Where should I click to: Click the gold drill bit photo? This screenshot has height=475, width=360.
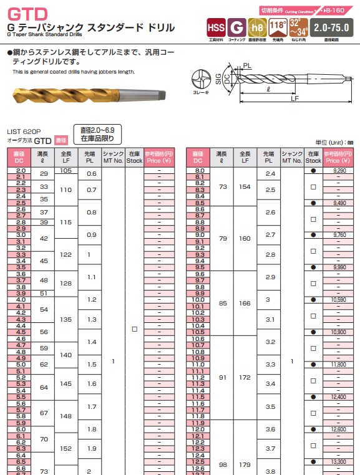pos(87,94)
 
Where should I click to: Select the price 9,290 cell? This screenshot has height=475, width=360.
pos(339,170)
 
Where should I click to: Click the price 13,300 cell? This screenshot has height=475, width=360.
pos(339,461)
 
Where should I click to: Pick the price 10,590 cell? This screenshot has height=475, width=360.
pos(339,300)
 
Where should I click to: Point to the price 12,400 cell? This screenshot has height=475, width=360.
pos(339,396)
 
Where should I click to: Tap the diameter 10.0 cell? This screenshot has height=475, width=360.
pos(200,300)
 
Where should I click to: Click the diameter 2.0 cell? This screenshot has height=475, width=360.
pos(21,170)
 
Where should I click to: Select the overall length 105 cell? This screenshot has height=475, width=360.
pos(66,170)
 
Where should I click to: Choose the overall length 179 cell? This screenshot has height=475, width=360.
pos(245,464)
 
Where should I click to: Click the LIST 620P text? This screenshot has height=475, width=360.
pos(24,132)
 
